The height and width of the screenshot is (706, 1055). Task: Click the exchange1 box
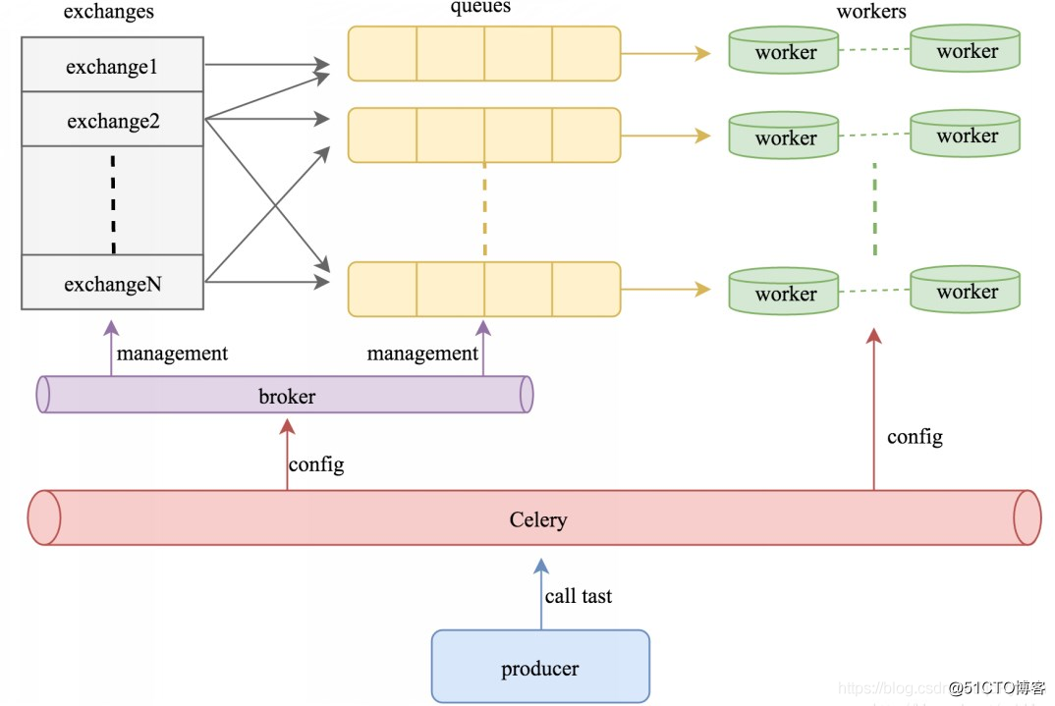pyautogui.click(x=112, y=67)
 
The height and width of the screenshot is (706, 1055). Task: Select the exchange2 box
pyautogui.click(x=112, y=121)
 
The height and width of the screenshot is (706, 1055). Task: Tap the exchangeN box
pyautogui.click(x=112, y=284)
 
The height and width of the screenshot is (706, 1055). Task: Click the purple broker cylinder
pyautogui.click(x=286, y=396)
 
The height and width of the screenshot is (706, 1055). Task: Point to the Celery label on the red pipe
pyautogui.click(x=537, y=518)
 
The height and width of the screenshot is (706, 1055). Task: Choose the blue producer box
pyautogui.click(x=540, y=668)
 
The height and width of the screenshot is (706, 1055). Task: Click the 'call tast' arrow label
pyautogui.click(x=579, y=595)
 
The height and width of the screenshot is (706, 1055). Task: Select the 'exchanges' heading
pyautogui.click(x=108, y=12)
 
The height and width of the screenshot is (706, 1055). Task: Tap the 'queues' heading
pyautogui.click(x=480, y=8)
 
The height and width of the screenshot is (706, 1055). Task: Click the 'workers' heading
pyautogui.click(x=870, y=12)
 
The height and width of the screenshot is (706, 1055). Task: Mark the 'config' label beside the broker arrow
pyautogui.click(x=316, y=463)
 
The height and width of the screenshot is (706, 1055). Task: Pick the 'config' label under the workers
pyautogui.click(x=915, y=436)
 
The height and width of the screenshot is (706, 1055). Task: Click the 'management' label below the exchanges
pyautogui.click(x=172, y=353)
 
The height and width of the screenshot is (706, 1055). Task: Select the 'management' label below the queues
pyautogui.click(x=422, y=353)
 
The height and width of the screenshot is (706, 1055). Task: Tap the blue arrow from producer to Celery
pyautogui.click(x=540, y=594)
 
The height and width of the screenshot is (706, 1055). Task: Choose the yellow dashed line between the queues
pyautogui.click(x=484, y=211)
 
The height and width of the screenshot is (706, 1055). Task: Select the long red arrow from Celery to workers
pyautogui.click(x=873, y=412)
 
